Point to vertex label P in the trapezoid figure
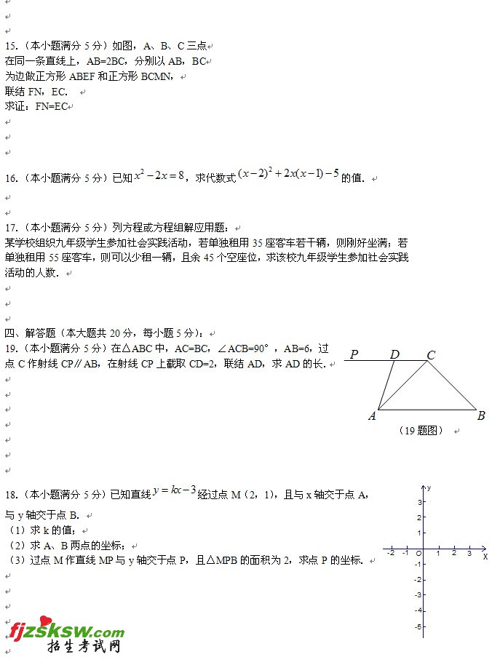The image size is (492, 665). pos(354,355)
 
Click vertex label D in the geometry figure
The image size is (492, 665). pos(394,355)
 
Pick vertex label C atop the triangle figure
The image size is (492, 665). pos(431,355)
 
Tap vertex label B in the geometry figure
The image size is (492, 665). pos(481,416)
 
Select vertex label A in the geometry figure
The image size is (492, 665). pos(372,416)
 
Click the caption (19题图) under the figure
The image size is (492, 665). pos(421,431)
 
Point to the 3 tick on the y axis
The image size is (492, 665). pos(421,502)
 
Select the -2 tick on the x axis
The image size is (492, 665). pos(392,554)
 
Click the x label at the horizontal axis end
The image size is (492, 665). pos(485,557)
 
